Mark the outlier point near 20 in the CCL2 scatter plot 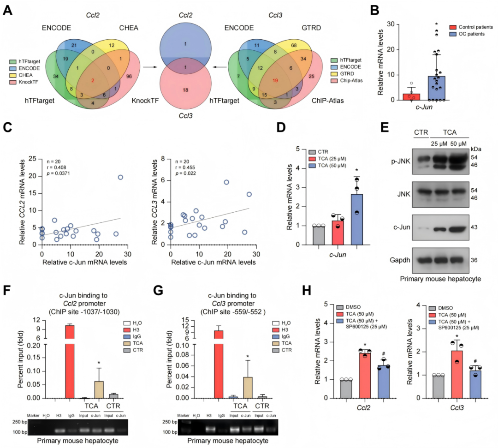[120, 177]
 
